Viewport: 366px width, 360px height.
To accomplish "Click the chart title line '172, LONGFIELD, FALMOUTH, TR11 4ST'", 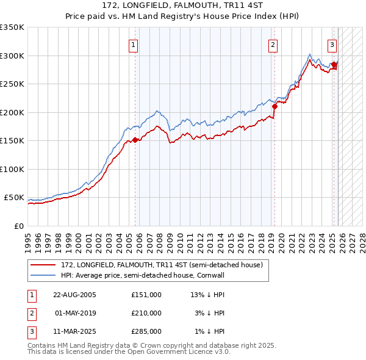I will point(182,5).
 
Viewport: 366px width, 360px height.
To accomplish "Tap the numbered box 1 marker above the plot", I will point(133,44).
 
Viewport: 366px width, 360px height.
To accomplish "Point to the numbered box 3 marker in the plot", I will point(332,44).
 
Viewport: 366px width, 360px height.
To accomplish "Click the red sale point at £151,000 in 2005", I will point(135,140).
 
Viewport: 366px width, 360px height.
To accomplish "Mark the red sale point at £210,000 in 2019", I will point(274,106).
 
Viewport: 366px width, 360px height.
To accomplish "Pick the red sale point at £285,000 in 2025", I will point(334,64).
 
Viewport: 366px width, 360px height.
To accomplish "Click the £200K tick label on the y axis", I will point(12,112).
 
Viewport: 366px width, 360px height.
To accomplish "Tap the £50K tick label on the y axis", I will point(14,198).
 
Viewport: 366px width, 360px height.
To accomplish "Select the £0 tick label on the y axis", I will point(19,226).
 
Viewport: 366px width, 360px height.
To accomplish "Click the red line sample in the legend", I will point(44,265).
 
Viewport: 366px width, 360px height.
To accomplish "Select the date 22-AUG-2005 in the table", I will point(74,295).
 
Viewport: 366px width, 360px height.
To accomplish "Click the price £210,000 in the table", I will point(146,313).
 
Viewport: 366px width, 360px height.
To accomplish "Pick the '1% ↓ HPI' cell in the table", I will point(210,331).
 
